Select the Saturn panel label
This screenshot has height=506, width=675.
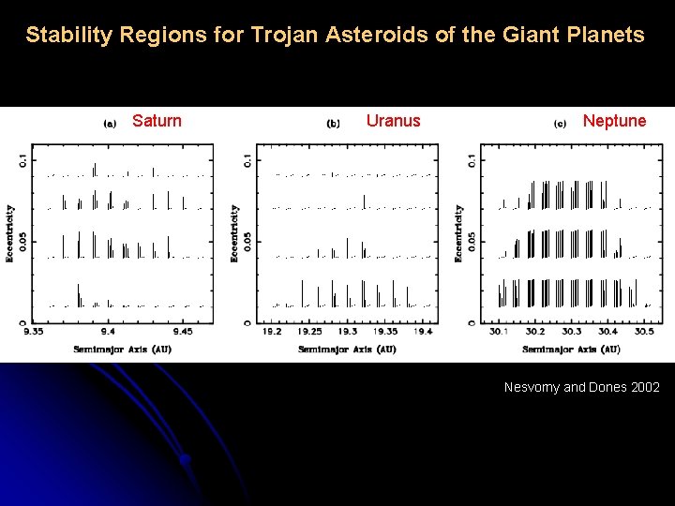pyautogui.click(x=157, y=121)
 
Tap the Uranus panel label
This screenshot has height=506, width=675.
pyautogui.click(x=393, y=121)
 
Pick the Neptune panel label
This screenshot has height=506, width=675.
pyautogui.click(x=614, y=121)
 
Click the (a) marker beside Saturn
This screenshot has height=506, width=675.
pyautogui.click(x=109, y=123)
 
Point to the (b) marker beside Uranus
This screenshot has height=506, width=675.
pyautogui.click(x=334, y=123)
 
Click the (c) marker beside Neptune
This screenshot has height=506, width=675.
pyautogui.click(x=560, y=123)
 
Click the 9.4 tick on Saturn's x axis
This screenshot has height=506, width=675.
pyautogui.click(x=108, y=332)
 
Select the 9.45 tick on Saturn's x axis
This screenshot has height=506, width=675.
pyautogui.click(x=182, y=332)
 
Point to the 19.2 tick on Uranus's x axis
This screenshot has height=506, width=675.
pyautogui.click(x=272, y=332)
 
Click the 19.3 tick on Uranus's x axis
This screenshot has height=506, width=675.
pyautogui.click(x=347, y=332)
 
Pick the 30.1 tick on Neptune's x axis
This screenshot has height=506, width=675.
pyautogui.click(x=498, y=332)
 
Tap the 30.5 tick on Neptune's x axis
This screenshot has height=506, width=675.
pyautogui.click(x=644, y=332)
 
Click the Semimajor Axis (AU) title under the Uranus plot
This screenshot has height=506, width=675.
pyautogui.click(x=347, y=350)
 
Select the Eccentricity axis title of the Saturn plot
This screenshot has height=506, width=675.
pyautogui.click(x=10, y=233)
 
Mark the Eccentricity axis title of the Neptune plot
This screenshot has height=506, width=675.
pyautogui.click(x=459, y=233)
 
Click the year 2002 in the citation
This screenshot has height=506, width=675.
pyautogui.click(x=646, y=387)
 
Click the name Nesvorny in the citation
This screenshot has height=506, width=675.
pyautogui.click(x=532, y=387)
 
